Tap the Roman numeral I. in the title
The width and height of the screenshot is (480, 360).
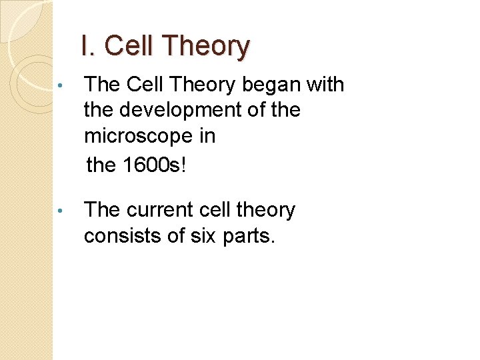pos(89,47)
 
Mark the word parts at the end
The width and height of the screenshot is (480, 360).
pos(251,236)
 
